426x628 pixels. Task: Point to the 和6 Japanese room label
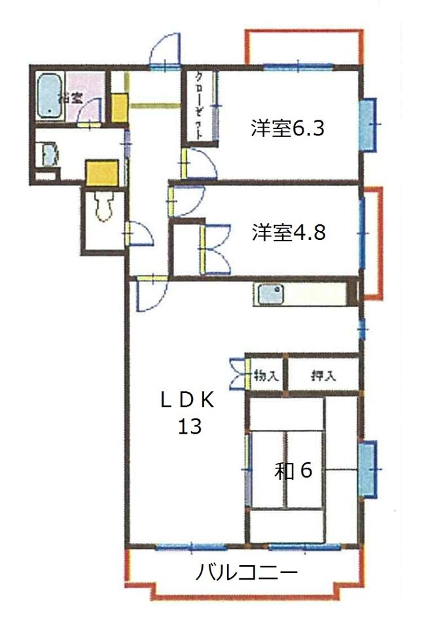pos(293,470)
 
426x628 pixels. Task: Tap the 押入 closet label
pos(323,376)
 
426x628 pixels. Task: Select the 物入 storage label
pos(266,376)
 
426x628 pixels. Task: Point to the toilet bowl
pos(103,206)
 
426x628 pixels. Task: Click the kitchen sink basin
pos(270,294)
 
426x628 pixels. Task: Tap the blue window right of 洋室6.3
pos(368,124)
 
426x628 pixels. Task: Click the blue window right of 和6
pos(368,470)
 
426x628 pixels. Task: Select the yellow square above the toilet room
pos(103,173)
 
